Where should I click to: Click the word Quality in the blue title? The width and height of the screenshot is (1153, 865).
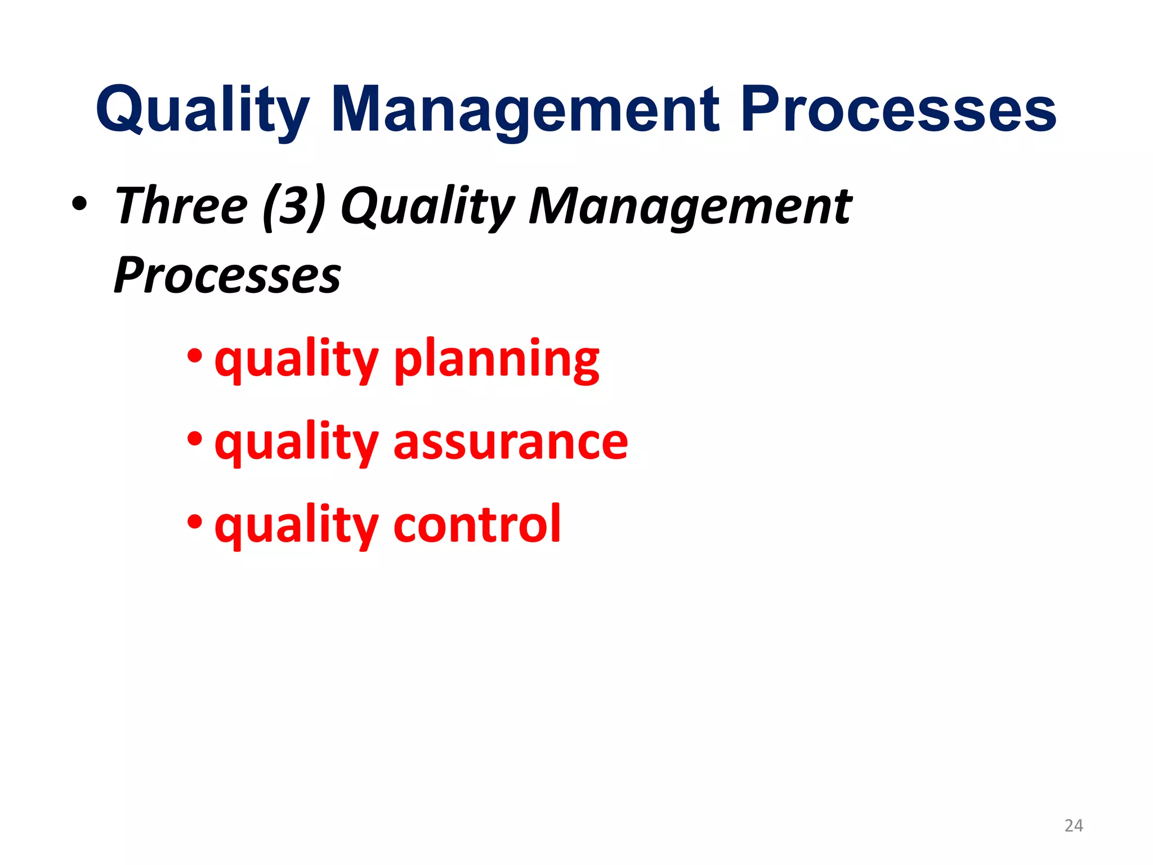coord(203,110)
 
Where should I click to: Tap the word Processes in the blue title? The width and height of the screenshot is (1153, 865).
coord(899,110)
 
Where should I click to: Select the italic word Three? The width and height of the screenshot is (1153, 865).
coord(180,207)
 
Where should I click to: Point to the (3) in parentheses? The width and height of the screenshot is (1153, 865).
coord(294,207)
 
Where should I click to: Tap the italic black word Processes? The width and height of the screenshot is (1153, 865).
coord(227,276)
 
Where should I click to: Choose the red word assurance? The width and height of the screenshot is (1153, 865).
coord(511,443)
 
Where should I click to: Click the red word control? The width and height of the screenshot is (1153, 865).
coord(477,525)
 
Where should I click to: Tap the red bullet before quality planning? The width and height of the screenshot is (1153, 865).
coord(195,356)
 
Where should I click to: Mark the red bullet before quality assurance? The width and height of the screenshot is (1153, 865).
coord(195,438)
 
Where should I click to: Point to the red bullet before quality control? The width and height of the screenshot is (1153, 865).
coord(195,521)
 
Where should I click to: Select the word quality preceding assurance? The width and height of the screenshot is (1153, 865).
coord(296,443)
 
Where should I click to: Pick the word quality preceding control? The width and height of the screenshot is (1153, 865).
coord(296,525)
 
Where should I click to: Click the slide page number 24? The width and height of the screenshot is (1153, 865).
coord(1073,826)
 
